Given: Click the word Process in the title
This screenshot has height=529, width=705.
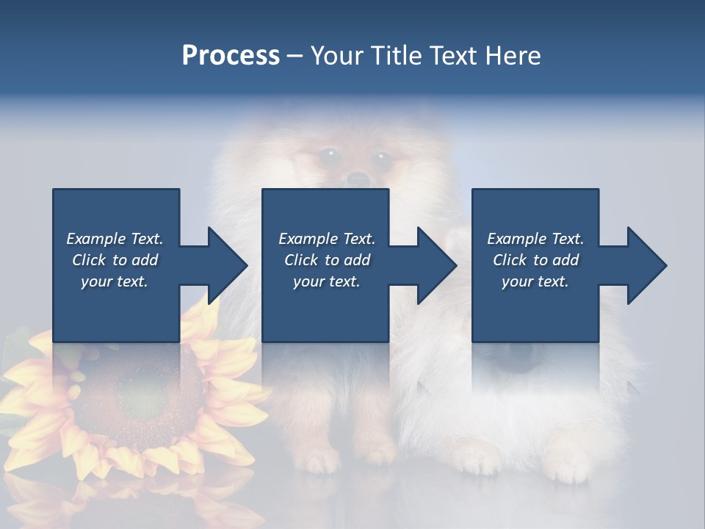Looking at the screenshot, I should pyautogui.click(x=231, y=56).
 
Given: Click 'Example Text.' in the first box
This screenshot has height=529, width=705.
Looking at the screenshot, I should pyautogui.click(x=115, y=239).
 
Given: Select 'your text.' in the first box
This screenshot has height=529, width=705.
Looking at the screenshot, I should pyautogui.click(x=115, y=281).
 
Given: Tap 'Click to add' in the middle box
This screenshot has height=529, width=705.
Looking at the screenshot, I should pyautogui.click(x=327, y=260).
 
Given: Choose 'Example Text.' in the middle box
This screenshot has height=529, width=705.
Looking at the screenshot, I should pyautogui.click(x=327, y=239).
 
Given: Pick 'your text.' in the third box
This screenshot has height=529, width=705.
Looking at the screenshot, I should pyautogui.click(x=535, y=281).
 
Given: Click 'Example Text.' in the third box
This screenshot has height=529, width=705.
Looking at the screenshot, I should pyautogui.click(x=535, y=239).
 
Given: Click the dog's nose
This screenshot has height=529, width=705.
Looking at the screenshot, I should pyautogui.click(x=357, y=179).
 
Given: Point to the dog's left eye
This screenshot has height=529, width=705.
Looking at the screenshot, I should pyautogui.click(x=328, y=155).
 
